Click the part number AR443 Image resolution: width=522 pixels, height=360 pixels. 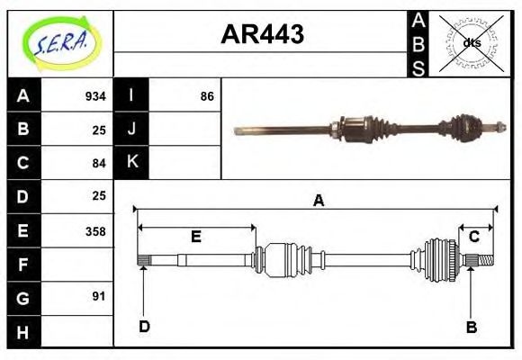[262, 34]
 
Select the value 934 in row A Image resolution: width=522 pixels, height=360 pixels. [95, 96]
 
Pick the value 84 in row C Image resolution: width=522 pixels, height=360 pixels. [99, 163]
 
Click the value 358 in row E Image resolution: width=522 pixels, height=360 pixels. [95, 231]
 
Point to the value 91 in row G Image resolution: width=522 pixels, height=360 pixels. [99, 296]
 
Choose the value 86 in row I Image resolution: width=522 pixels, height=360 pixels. [207, 96]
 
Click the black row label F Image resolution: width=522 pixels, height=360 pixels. [22, 265]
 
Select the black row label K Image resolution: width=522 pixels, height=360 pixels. [131, 163]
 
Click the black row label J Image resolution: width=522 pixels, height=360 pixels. [131, 130]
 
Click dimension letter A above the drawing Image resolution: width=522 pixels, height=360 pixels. [318, 202]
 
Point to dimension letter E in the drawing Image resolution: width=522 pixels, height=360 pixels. [195, 238]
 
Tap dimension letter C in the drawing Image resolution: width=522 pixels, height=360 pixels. [473, 237]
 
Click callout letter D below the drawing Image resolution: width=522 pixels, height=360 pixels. [143, 327]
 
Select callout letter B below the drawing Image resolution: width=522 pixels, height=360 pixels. [471, 327]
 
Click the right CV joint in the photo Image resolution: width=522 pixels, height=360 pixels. [465, 128]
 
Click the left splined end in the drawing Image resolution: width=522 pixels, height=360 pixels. [143, 261]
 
